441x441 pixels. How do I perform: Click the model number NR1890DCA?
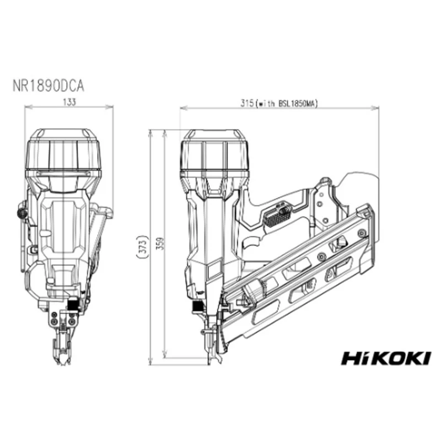[49, 86]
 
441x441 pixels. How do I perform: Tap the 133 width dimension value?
[69, 102]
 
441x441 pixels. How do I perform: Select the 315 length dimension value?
[247, 104]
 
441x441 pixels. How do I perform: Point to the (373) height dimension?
[143, 246]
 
